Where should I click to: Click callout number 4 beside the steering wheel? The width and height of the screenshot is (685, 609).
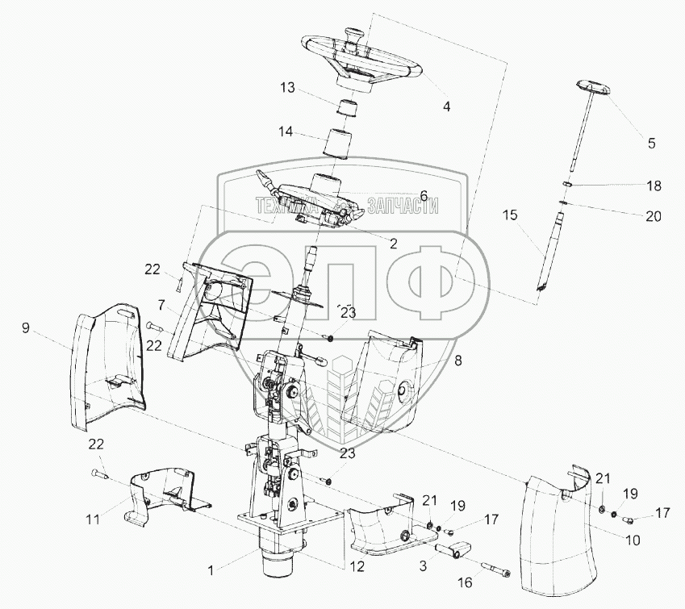click(x=446, y=105)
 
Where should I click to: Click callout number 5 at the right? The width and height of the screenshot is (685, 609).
click(x=652, y=144)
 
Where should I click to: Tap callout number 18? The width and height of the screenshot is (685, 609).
click(x=653, y=186)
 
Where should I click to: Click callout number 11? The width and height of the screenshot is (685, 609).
click(x=94, y=520)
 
